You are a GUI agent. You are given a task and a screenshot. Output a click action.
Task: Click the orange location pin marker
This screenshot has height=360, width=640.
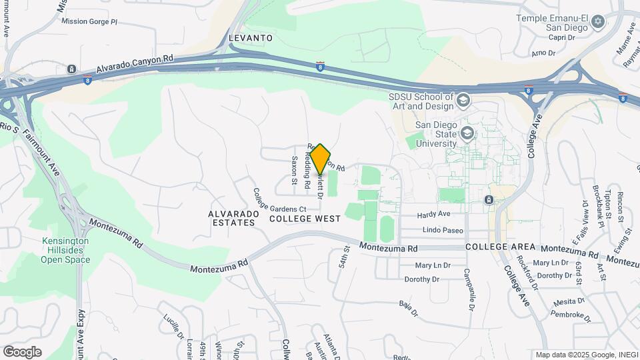point(320,159)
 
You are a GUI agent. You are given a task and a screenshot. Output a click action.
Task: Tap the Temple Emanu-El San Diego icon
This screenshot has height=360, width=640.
point(598,22)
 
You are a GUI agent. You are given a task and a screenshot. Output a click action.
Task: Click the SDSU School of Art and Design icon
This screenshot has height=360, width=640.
point(464,100)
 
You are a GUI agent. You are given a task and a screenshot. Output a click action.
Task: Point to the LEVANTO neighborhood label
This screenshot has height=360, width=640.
point(251,38)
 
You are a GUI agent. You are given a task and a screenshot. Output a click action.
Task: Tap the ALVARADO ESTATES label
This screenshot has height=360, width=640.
point(231,218)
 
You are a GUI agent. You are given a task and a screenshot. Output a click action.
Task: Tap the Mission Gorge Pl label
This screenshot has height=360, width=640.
point(89,21)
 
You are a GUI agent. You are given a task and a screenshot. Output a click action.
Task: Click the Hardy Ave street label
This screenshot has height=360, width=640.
point(434,215)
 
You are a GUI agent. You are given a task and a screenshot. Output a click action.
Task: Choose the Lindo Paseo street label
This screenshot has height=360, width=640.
point(443,231)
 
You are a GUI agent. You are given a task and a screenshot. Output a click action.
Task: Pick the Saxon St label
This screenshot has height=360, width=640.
point(293,170)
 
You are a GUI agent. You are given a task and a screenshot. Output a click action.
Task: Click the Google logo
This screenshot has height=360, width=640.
point(22,352)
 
